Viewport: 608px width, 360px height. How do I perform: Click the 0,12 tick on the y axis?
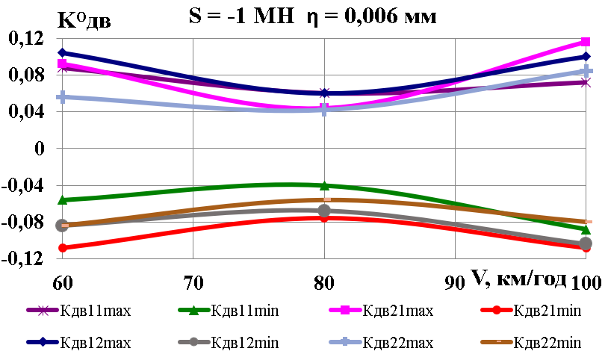(25, 39)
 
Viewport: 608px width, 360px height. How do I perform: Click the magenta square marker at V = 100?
(586, 42)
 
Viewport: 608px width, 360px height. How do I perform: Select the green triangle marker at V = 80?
(324, 185)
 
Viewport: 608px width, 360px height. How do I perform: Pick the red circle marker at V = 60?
(62, 247)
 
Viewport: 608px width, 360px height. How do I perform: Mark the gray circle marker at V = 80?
(324, 211)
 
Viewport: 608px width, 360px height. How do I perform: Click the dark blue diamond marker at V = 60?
(62, 53)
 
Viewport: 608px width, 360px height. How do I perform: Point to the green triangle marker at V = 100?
(586, 229)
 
